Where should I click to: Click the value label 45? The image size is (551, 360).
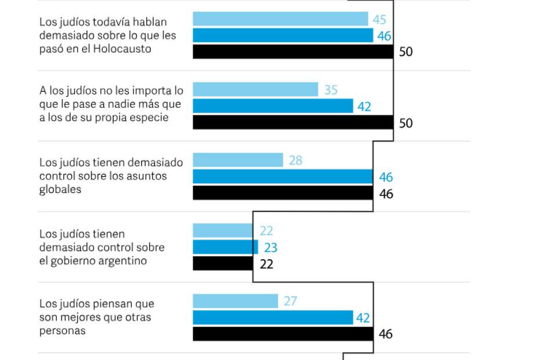click(x=379, y=20)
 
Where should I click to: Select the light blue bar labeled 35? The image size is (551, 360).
click(x=255, y=89)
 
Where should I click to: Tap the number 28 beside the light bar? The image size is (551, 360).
click(x=295, y=161)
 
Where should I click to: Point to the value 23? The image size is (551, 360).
click(x=270, y=248)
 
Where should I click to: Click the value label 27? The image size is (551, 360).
click(x=290, y=301)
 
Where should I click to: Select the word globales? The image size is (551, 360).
click(x=60, y=190)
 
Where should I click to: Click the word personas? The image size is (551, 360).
click(x=63, y=330)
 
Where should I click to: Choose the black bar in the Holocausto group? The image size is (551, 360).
click(x=293, y=52)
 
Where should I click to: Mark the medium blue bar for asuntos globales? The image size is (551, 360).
click(x=282, y=177)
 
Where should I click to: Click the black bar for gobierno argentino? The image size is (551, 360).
click(x=223, y=264)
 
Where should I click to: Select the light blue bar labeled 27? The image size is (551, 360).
click(x=235, y=301)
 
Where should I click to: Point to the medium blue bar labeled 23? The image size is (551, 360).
click(x=225, y=248)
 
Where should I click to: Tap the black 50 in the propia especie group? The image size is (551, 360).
click(x=406, y=123)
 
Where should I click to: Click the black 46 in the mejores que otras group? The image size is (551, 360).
click(x=386, y=334)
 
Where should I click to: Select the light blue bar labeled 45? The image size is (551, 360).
click(x=280, y=19)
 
